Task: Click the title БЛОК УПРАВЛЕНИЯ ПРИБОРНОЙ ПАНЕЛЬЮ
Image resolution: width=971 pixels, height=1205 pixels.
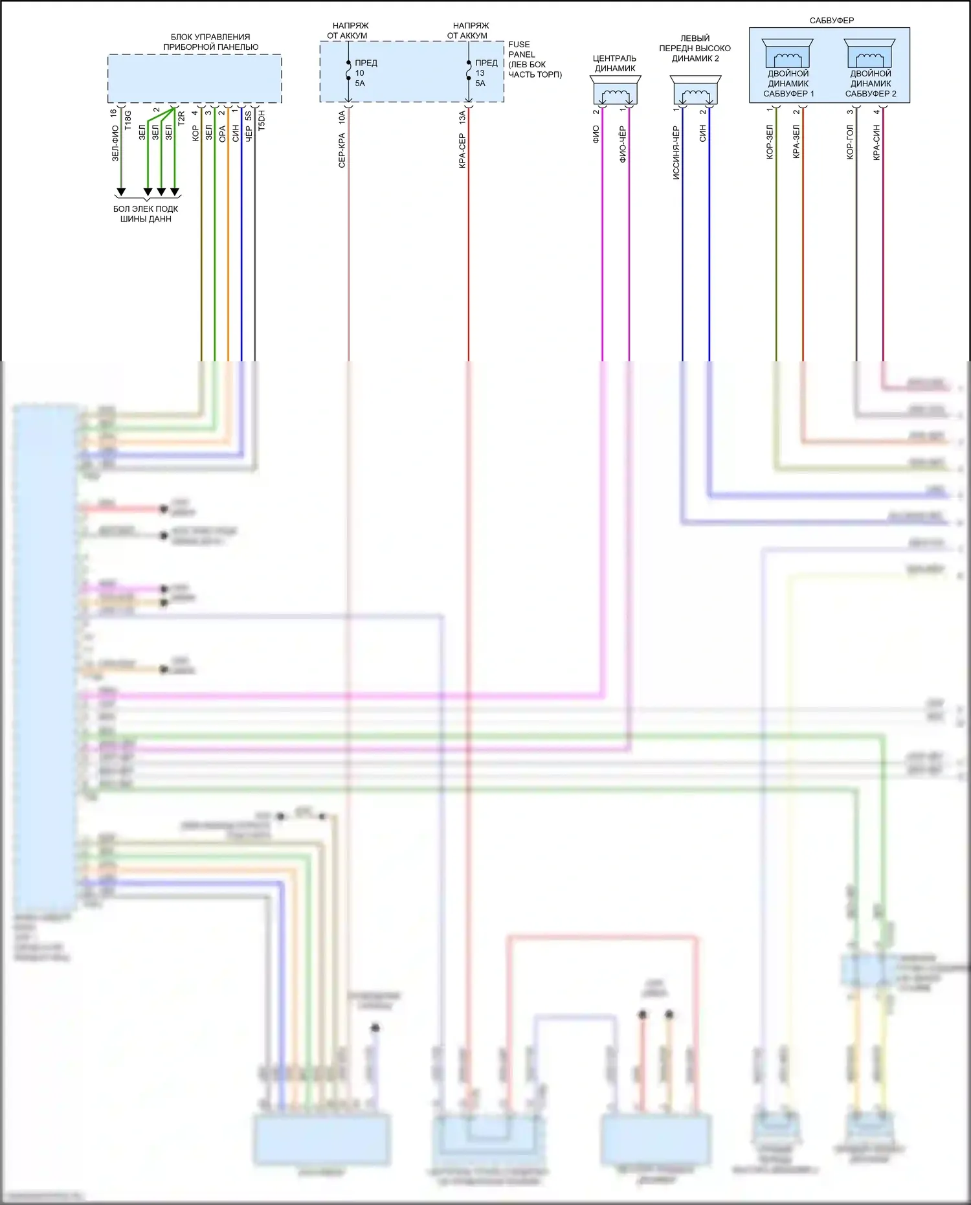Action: point(210,42)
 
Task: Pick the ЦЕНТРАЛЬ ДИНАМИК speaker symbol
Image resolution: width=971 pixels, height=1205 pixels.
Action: point(615,91)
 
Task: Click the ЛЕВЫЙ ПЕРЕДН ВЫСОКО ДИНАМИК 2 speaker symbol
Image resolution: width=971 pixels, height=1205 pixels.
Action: point(695,91)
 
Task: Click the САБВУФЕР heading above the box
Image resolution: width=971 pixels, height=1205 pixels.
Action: point(831,21)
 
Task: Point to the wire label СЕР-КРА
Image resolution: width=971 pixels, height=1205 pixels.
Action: point(342,150)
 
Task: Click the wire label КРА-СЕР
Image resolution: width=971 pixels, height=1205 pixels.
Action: point(462,151)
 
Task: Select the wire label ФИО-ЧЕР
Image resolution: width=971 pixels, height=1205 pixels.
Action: point(622,144)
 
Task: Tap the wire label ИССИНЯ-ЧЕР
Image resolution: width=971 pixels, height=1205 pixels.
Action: point(676,153)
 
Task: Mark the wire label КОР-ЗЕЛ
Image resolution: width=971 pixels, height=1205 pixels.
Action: point(769,142)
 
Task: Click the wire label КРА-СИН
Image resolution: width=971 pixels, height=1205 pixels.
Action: point(876,143)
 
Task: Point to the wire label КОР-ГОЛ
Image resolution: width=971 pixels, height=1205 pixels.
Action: point(849,142)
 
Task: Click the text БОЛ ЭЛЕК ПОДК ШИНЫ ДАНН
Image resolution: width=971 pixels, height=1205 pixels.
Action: point(146,214)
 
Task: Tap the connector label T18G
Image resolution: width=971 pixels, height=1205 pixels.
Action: point(128,120)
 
